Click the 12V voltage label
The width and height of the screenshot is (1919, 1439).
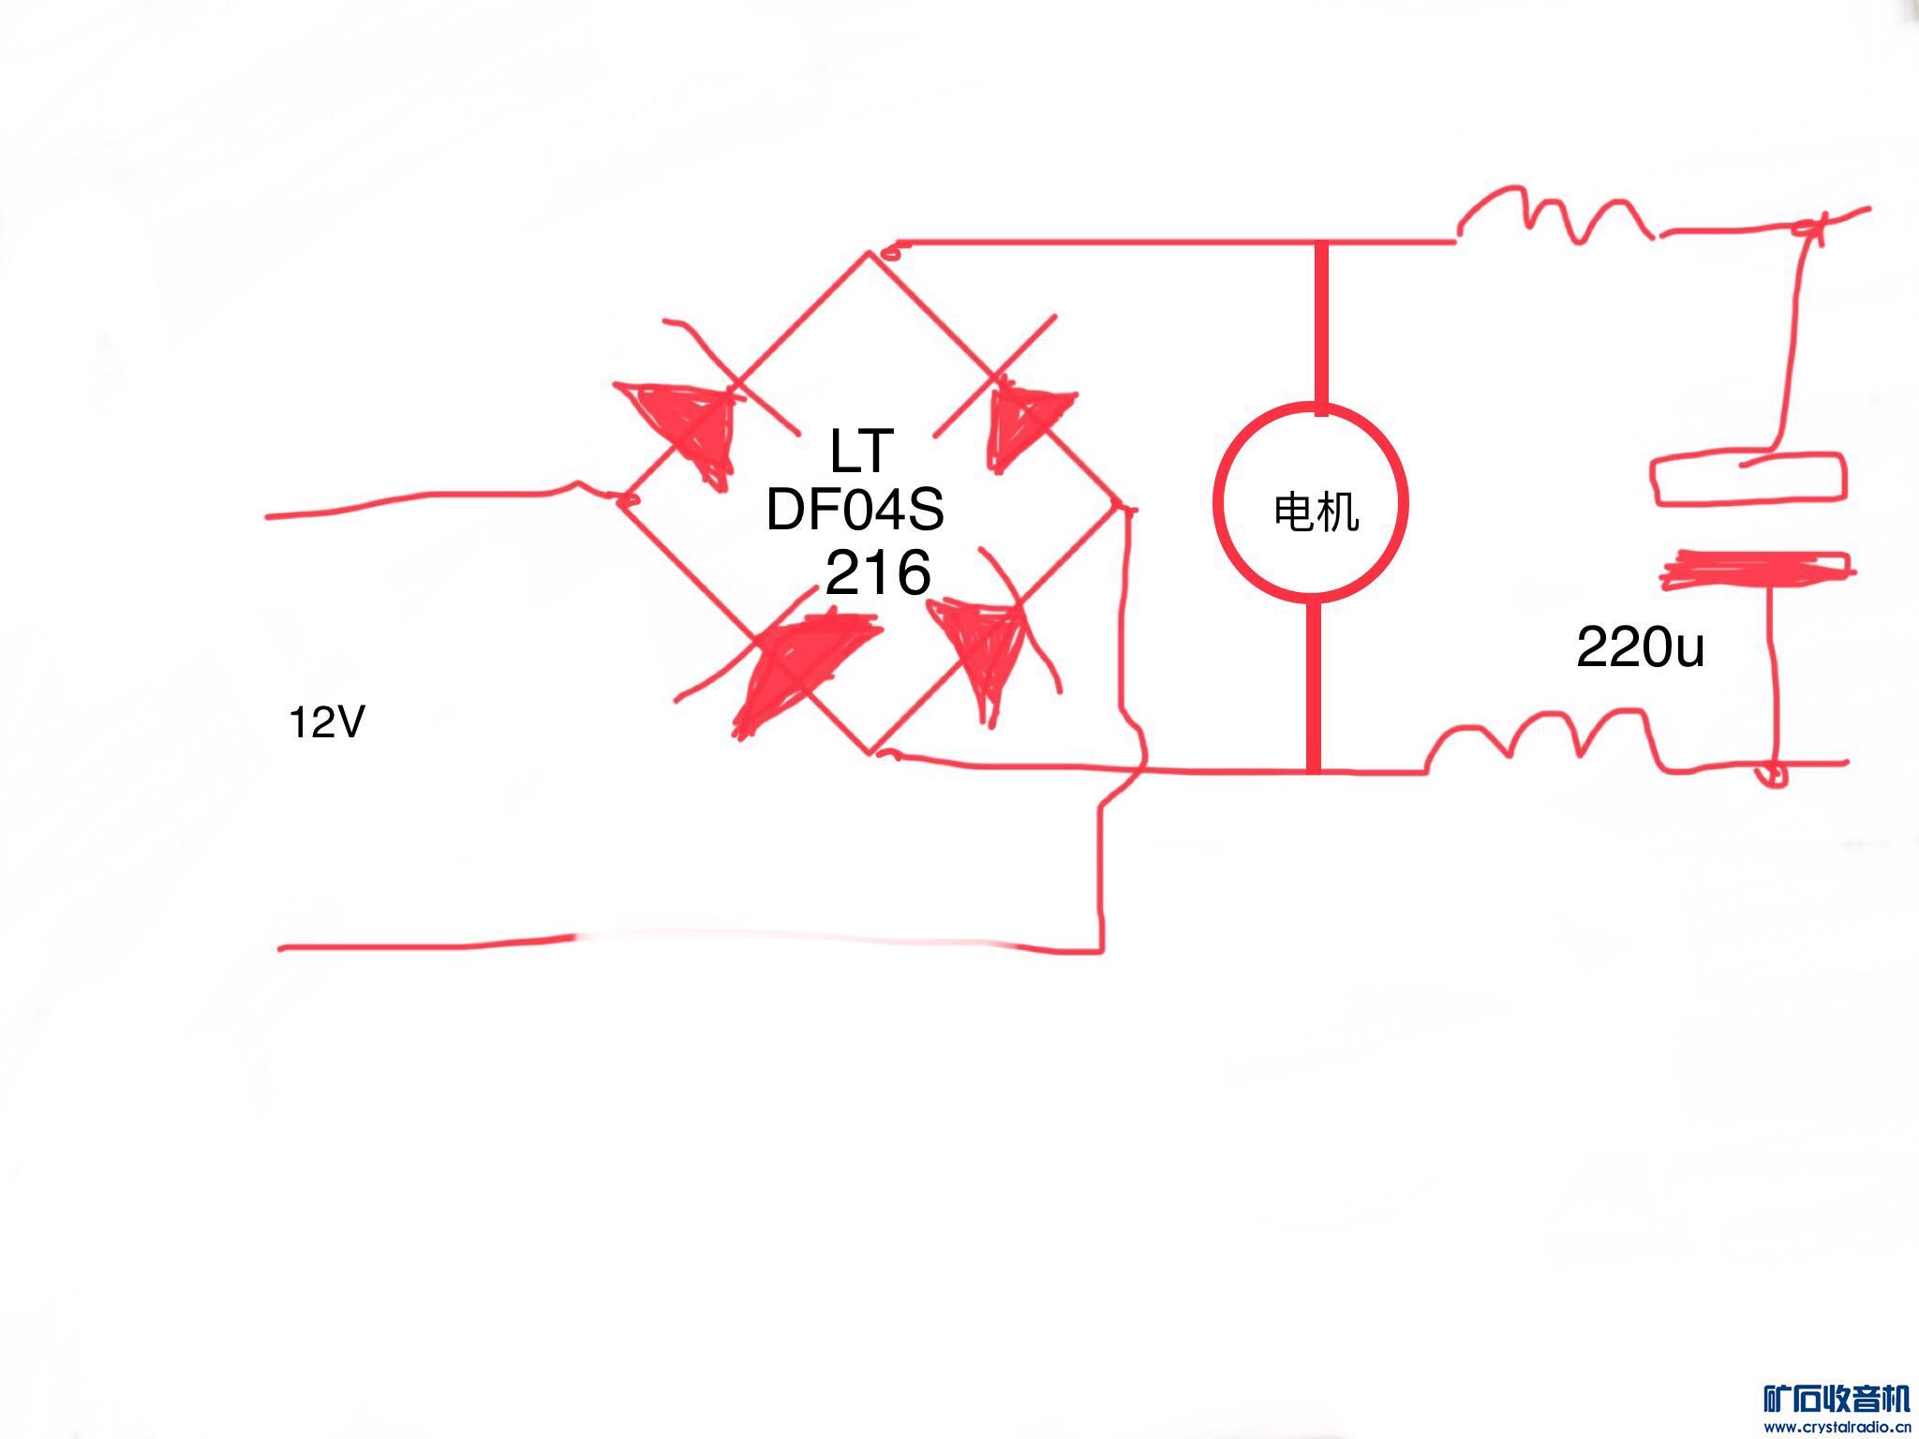(x=326, y=723)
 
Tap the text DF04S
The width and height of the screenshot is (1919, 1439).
(x=855, y=511)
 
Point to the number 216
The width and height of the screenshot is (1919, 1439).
(x=878, y=572)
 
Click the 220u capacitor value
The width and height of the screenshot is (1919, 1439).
(x=1640, y=646)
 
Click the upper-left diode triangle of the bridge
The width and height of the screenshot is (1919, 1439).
(x=682, y=426)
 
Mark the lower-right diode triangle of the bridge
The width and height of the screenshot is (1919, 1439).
(x=979, y=646)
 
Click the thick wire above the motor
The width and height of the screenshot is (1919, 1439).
(x=1321, y=323)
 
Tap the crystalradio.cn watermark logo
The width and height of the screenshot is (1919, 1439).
(x=1835, y=1409)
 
